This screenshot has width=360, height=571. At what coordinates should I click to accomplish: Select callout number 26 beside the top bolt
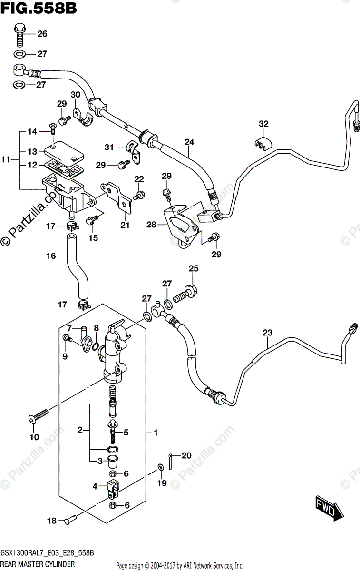click(42, 34)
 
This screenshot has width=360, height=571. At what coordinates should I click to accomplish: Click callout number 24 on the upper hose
click(189, 142)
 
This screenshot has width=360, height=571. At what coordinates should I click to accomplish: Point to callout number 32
click(263, 124)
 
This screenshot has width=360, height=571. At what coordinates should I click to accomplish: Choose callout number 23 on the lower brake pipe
click(267, 333)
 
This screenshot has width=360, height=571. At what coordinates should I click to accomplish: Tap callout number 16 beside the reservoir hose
click(50, 256)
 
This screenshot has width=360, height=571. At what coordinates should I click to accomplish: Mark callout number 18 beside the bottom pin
click(51, 521)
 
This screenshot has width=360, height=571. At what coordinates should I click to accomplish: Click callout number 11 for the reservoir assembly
click(6, 160)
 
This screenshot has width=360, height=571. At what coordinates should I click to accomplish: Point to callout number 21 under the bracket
click(125, 225)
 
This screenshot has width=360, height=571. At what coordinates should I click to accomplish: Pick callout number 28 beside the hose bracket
click(151, 224)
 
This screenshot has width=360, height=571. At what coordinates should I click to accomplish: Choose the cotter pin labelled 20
click(171, 459)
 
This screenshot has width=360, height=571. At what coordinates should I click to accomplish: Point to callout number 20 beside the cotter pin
click(186, 455)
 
